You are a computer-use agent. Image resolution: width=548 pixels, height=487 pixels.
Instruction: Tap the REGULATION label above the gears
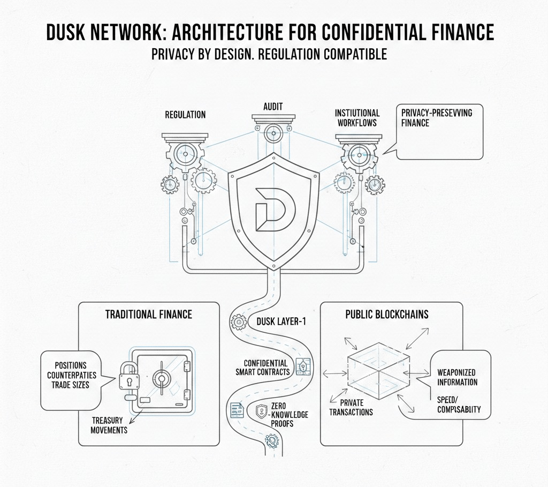[x=185, y=115]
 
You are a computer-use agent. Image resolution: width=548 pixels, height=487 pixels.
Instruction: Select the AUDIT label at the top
[x=273, y=107]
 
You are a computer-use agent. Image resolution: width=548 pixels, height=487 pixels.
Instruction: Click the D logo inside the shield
[x=271, y=206]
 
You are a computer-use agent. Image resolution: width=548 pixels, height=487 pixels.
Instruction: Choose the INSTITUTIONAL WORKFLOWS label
[x=357, y=118]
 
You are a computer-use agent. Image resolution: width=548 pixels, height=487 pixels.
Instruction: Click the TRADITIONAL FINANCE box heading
[x=149, y=314]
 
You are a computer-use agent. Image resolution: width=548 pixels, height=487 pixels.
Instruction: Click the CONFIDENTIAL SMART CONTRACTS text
[x=263, y=368]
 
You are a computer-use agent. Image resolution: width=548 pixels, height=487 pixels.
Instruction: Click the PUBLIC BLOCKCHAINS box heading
[x=387, y=314]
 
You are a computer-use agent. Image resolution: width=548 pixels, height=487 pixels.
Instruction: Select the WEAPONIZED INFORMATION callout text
[x=456, y=377]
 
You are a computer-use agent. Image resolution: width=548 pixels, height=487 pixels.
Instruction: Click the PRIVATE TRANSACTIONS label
[x=351, y=407]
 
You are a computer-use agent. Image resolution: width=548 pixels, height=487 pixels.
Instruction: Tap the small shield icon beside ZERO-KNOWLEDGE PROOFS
[x=262, y=410]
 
